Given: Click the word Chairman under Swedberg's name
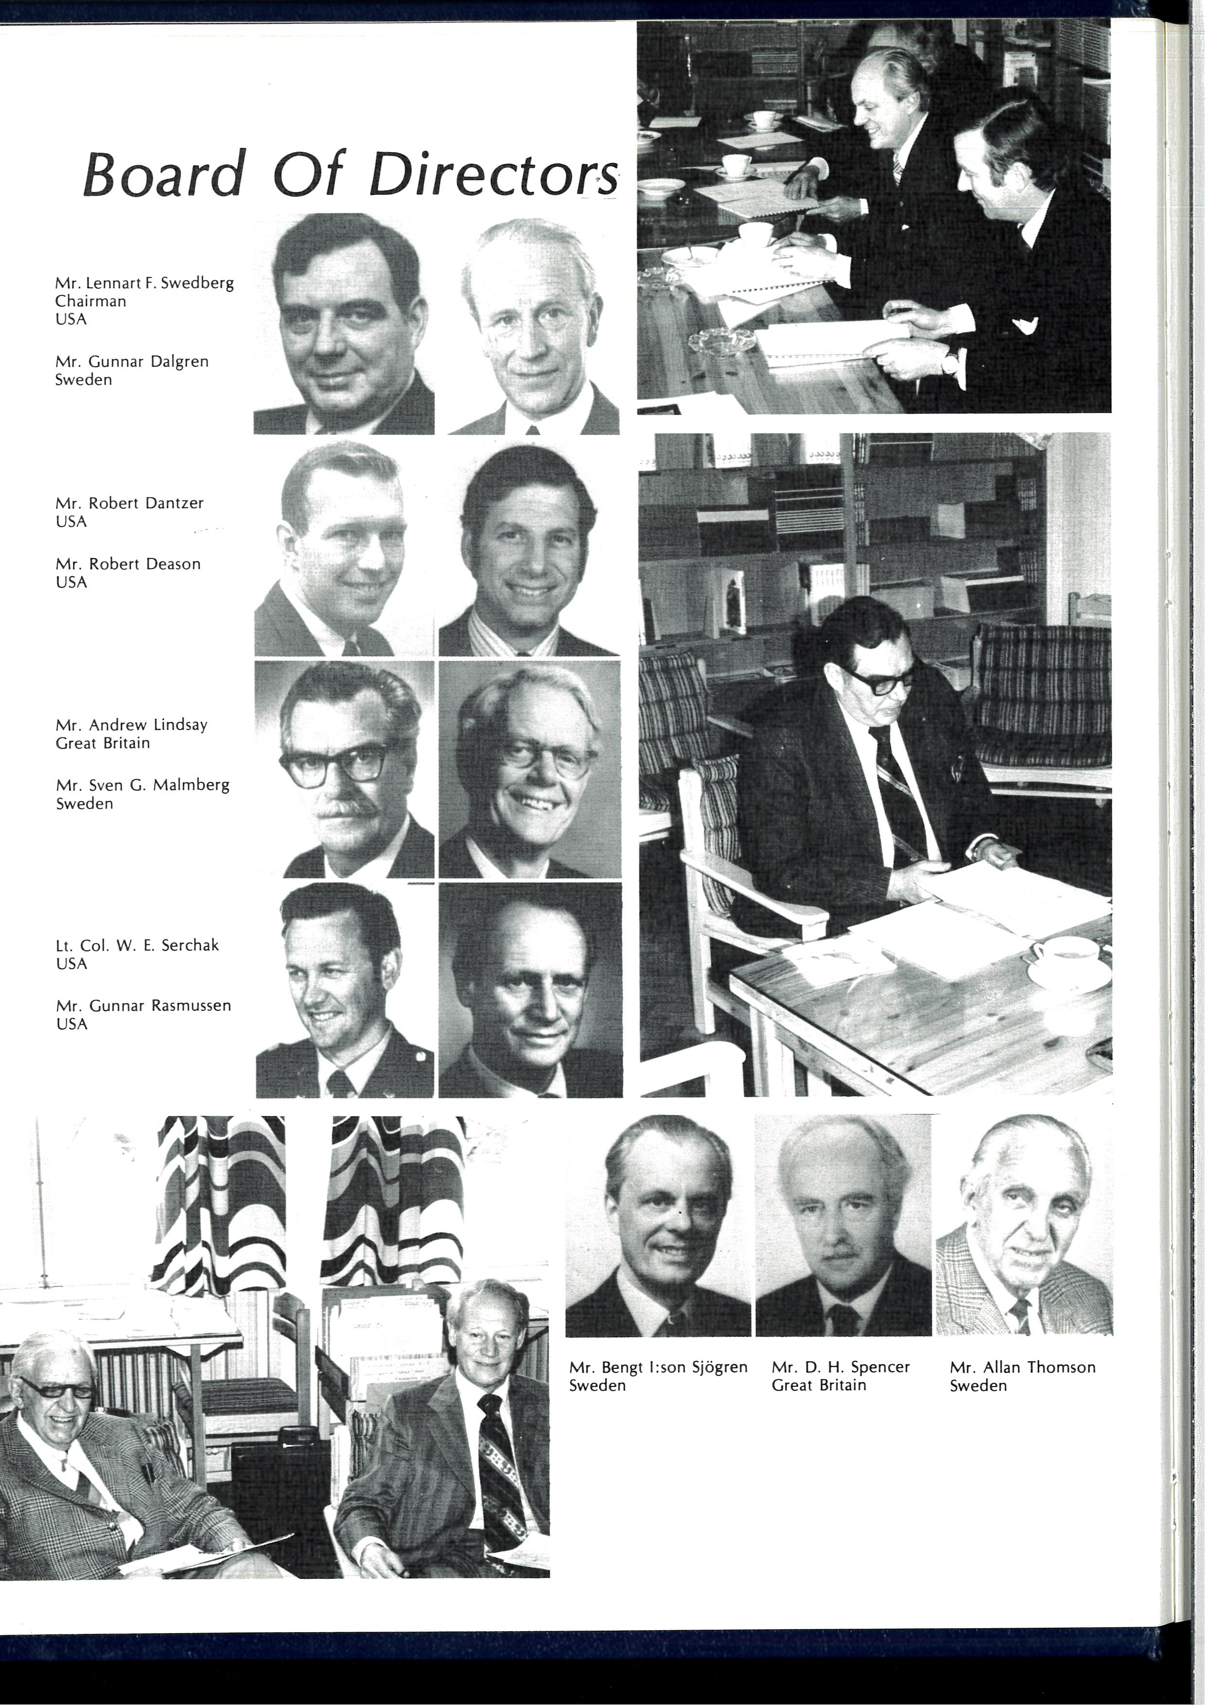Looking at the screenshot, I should [90, 301].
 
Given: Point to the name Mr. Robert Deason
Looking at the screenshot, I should [128, 564].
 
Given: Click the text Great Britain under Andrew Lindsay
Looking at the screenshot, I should [103, 743].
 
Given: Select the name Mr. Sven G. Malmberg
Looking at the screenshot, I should [142, 785].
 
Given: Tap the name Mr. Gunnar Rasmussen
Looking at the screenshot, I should [143, 1006].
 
